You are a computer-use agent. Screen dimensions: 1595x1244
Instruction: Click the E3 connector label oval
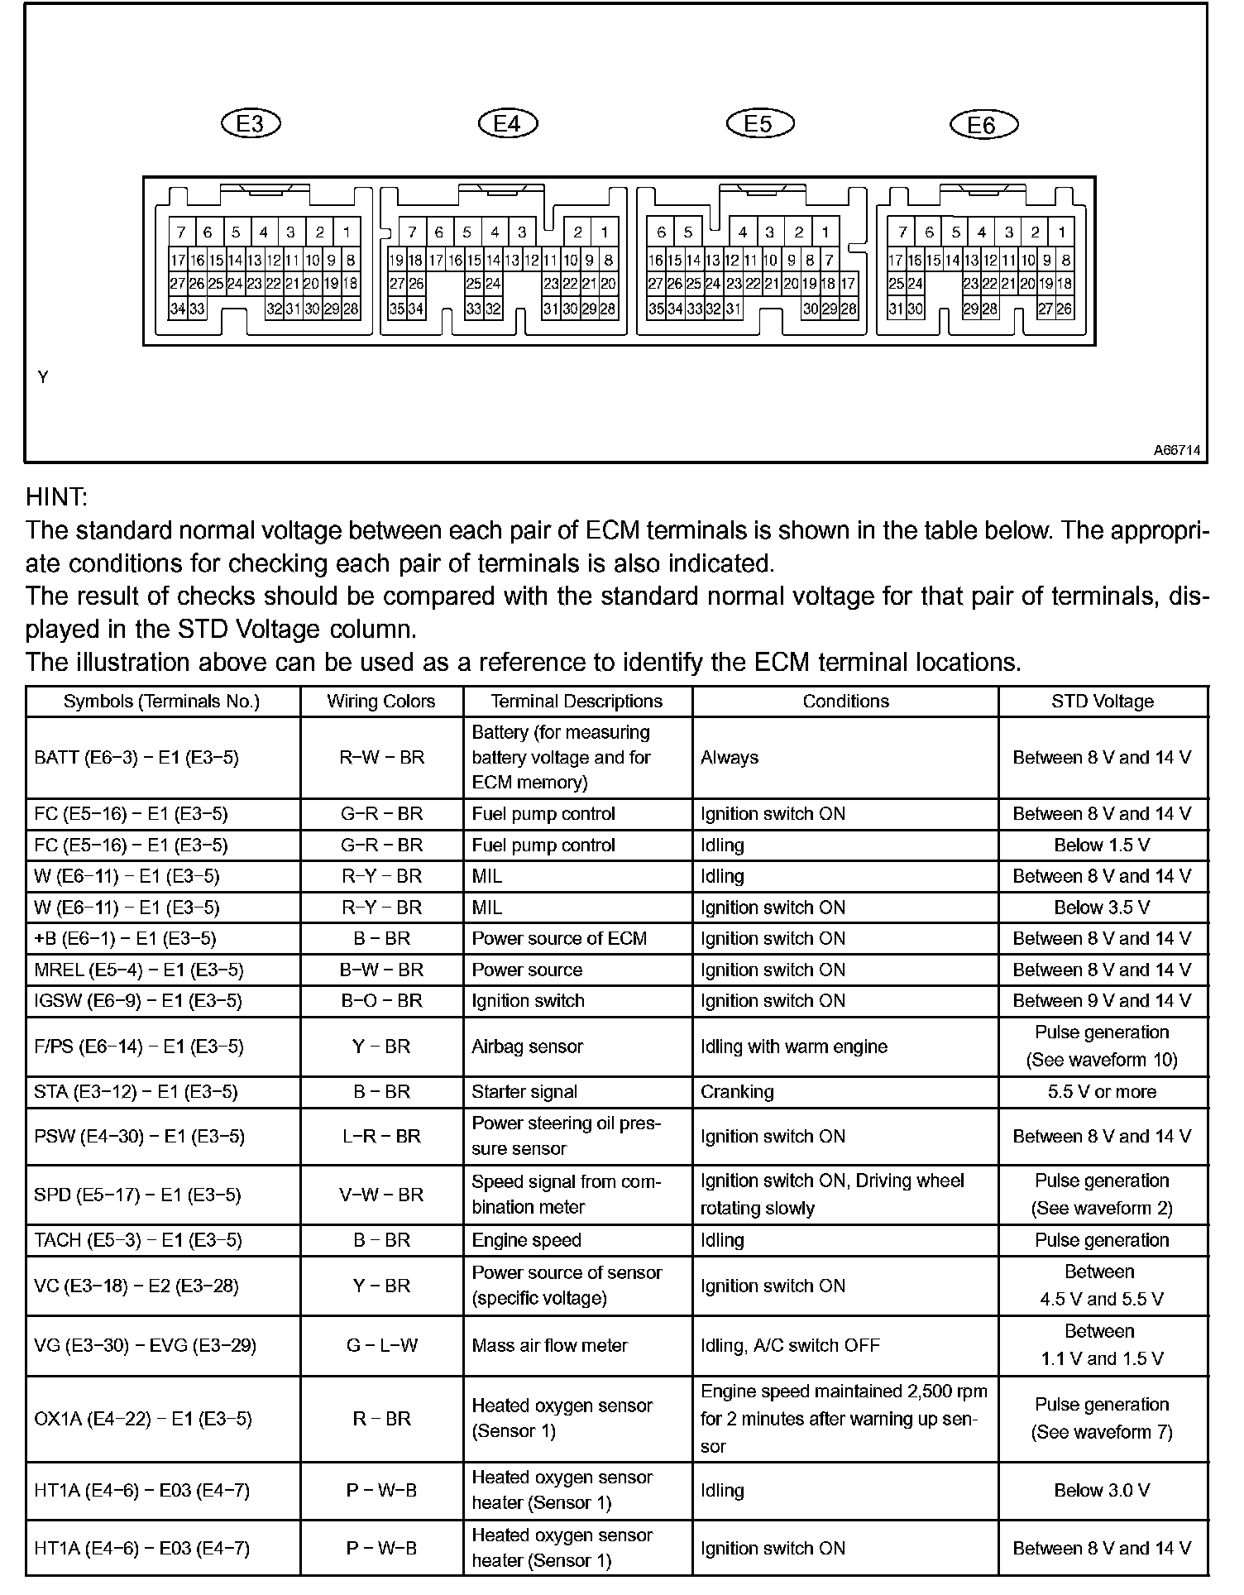click(x=251, y=123)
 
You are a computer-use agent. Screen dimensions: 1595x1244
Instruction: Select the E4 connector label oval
click(x=508, y=123)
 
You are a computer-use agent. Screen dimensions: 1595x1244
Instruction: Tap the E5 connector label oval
click(x=759, y=123)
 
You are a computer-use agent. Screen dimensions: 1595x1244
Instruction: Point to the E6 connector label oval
click(x=983, y=125)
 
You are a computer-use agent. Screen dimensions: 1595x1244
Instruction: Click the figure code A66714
click(x=1178, y=451)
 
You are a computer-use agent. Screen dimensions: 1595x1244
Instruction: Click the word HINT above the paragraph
click(x=56, y=497)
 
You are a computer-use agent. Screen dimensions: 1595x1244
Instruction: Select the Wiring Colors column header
click(x=380, y=702)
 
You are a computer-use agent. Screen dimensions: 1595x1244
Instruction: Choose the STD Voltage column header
click(x=1102, y=702)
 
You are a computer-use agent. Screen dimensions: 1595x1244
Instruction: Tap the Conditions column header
click(x=845, y=702)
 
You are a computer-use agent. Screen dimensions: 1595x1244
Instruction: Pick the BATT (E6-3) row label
click(x=136, y=758)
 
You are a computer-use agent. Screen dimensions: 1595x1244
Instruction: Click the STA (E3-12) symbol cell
click(x=136, y=1092)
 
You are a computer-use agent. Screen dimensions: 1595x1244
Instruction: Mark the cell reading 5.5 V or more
click(x=1102, y=1092)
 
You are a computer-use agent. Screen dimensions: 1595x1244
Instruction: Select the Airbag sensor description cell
click(x=527, y=1047)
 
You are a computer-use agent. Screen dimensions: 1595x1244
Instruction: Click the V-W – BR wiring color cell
click(x=381, y=1195)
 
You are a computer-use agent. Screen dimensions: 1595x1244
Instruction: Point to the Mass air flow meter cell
click(x=549, y=1346)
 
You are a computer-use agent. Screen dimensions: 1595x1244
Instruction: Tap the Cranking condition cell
click(x=737, y=1092)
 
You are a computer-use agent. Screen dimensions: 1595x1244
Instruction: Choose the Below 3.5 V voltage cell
click(x=1102, y=908)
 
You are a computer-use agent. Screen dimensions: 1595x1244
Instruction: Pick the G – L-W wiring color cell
click(x=381, y=1346)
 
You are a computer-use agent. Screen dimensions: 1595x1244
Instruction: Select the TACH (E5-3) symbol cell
click(x=138, y=1240)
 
